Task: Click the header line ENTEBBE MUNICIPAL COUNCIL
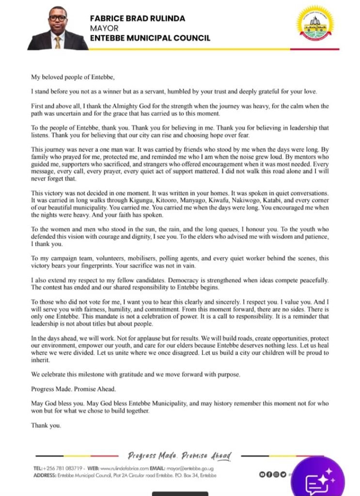tap(150, 38)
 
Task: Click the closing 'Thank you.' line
tap(47, 426)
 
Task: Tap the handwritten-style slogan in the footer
tap(180, 456)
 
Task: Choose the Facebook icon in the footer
tap(269, 474)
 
